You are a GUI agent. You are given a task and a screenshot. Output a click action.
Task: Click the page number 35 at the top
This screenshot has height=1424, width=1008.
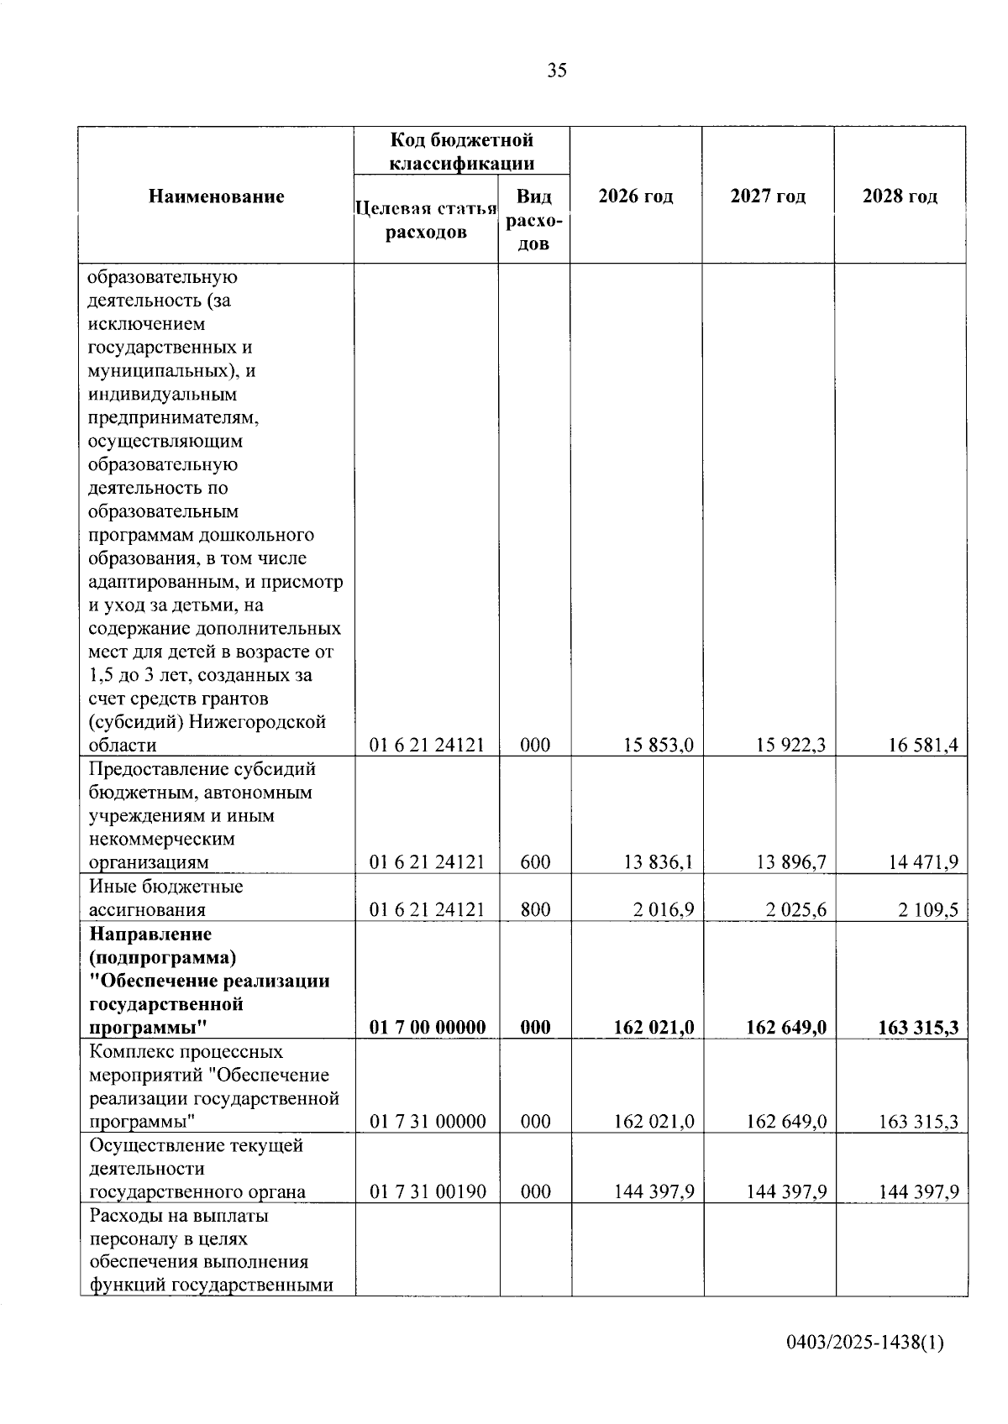click(557, 71)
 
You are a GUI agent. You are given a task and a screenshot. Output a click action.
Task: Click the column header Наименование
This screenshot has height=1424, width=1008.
click(217, 196)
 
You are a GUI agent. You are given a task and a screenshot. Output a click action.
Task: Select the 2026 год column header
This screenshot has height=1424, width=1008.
click(636, 196)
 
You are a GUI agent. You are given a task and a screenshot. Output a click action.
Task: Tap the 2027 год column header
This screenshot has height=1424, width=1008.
click(768, 196)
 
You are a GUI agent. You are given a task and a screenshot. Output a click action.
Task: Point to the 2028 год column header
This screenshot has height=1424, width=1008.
click(900, 196)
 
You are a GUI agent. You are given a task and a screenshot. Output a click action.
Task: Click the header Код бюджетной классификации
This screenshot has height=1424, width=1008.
click(462, 151)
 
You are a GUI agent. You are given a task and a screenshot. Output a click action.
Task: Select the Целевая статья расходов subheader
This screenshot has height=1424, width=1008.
click(427, 220)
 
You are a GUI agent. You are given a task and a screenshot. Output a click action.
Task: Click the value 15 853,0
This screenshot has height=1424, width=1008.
click(659, 745)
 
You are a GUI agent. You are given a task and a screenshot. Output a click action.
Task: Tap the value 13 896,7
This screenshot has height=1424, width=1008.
click(790, 862)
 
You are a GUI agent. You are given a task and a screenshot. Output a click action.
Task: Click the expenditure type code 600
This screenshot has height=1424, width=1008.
click(535, 862)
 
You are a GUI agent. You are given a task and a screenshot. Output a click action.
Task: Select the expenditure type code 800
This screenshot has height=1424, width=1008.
click(535, 909)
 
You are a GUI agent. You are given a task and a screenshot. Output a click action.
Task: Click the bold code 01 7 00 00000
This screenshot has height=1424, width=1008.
click(428, 1027)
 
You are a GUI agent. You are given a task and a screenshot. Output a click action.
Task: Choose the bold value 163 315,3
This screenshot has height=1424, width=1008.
click(918, 1027)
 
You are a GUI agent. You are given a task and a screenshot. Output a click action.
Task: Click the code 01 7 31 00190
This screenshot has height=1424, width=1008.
click(428, 1191)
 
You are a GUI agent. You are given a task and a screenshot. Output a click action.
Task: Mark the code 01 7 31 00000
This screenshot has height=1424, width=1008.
click(428, 1121)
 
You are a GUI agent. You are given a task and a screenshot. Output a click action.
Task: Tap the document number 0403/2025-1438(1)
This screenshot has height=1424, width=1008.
click(865, 1343)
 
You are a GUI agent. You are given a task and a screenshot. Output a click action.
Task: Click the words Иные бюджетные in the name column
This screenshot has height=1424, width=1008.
click(165, 887)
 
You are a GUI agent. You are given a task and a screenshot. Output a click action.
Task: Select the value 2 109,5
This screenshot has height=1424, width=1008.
click(928, 909)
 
